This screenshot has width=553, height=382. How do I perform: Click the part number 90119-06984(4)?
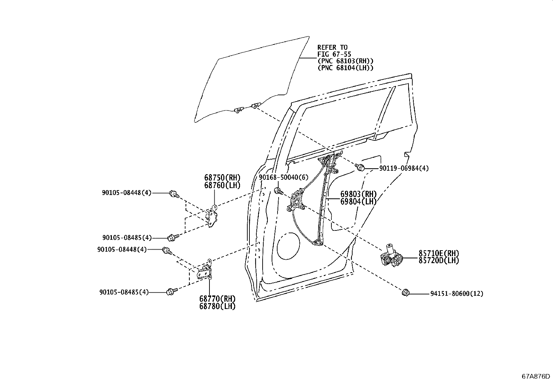[x=404, y=168]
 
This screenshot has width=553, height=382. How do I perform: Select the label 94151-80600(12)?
[x=457, y=294]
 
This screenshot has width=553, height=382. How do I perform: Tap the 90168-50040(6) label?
[x=284, y=177]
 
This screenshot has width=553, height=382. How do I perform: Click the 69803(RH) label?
[x=358, y=194]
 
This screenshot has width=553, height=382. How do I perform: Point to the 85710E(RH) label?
[x=439, y=253]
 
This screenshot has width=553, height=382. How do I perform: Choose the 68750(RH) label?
[x=222, y=178]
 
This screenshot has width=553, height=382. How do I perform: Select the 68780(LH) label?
[x=217, y=306]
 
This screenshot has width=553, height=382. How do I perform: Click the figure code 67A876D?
[x=536, y=376]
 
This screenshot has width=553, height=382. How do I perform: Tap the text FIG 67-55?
[x=334, y=54]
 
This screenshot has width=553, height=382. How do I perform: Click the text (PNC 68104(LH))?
[x=345, y=68]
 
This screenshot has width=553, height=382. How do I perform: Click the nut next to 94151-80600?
[x=405, y=293]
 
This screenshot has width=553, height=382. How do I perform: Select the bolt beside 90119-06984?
[x=360, y=167]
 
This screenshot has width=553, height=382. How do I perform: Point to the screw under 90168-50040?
[x=279, y=191]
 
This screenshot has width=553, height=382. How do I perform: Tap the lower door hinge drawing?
[x=205, y=270]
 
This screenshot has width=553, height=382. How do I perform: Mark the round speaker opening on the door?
[x=288, y=246]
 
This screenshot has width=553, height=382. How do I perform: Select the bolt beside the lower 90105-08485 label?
[x=172, y=292]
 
